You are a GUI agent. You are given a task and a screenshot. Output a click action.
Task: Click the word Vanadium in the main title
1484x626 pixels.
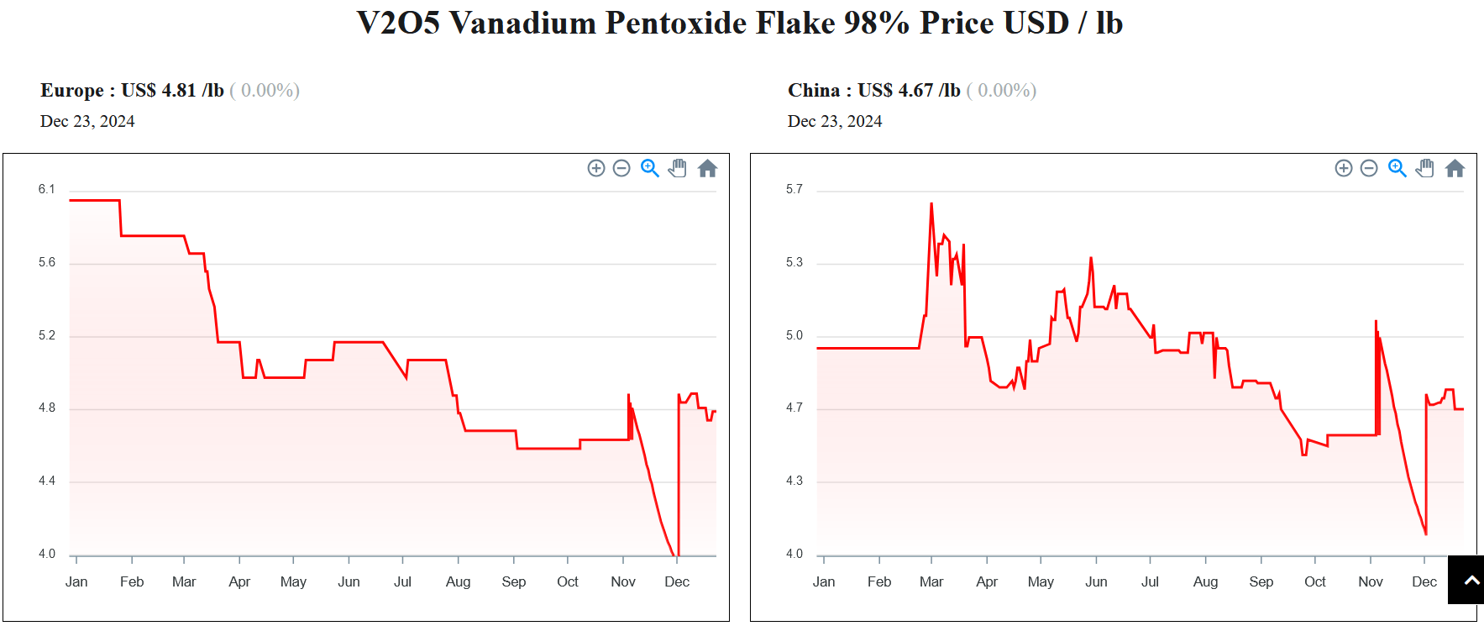522,24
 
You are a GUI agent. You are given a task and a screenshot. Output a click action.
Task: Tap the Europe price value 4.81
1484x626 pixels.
178,91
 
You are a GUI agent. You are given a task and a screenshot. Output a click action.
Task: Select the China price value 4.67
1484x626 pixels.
915,91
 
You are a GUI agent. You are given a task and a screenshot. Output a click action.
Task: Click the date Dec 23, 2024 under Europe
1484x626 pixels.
87,122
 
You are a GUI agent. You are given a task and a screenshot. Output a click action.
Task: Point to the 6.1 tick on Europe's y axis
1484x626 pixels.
46,190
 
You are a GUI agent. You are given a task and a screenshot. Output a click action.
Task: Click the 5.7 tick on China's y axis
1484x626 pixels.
794,190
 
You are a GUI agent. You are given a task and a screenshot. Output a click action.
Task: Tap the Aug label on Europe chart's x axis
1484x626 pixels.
458,581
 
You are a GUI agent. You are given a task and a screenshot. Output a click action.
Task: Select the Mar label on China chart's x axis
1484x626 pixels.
931,581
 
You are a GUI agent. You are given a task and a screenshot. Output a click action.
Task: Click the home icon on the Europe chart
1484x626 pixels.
707,169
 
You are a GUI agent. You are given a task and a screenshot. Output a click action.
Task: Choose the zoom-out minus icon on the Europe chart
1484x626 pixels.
621,169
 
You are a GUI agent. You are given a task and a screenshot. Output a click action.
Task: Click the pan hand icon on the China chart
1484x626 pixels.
1425,169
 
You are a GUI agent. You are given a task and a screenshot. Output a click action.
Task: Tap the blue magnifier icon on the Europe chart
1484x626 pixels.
649,169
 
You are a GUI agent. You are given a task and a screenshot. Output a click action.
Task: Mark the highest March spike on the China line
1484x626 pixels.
931,203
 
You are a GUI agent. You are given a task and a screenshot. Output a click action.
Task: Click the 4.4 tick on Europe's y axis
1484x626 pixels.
46,481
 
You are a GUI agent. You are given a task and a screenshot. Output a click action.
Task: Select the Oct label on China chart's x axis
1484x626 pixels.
1314,581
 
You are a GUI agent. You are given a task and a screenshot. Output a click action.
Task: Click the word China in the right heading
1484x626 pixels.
813,91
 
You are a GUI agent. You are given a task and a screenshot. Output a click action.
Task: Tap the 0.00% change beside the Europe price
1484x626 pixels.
265,91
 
